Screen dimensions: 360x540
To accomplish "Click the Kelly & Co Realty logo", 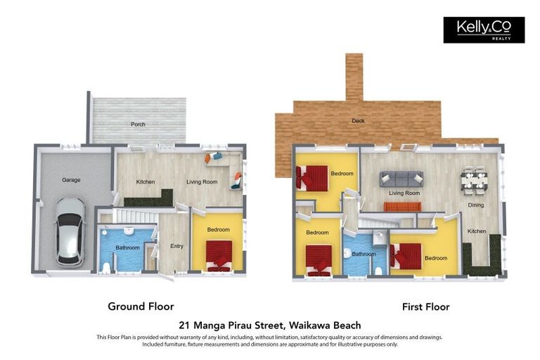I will pos(484,30).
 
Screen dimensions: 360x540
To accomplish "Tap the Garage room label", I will pos(71,180).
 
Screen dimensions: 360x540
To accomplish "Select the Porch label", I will pos(138,124).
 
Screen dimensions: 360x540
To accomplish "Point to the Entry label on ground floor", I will pos(176,246).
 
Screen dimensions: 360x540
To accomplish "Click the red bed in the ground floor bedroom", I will pos(219,255).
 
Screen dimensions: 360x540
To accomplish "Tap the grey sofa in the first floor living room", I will pos(401,179).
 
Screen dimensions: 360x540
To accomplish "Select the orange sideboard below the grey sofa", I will pos(402,207).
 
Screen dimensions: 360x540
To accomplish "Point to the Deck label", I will pos(359,121).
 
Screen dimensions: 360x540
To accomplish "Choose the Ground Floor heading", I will pos(141,307).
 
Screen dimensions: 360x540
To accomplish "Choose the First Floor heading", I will pos(425,307).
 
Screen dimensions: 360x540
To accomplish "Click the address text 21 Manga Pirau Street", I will pos(270,325).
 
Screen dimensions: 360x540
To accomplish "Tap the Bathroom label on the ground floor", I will pos(127,247).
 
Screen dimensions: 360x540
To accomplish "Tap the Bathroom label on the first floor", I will pos(364,255).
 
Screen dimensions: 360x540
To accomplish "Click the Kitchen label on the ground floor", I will pos(146,182).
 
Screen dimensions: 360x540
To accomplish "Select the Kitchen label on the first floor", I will pos(477,231).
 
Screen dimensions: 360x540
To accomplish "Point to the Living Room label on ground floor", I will pos(202,182).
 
